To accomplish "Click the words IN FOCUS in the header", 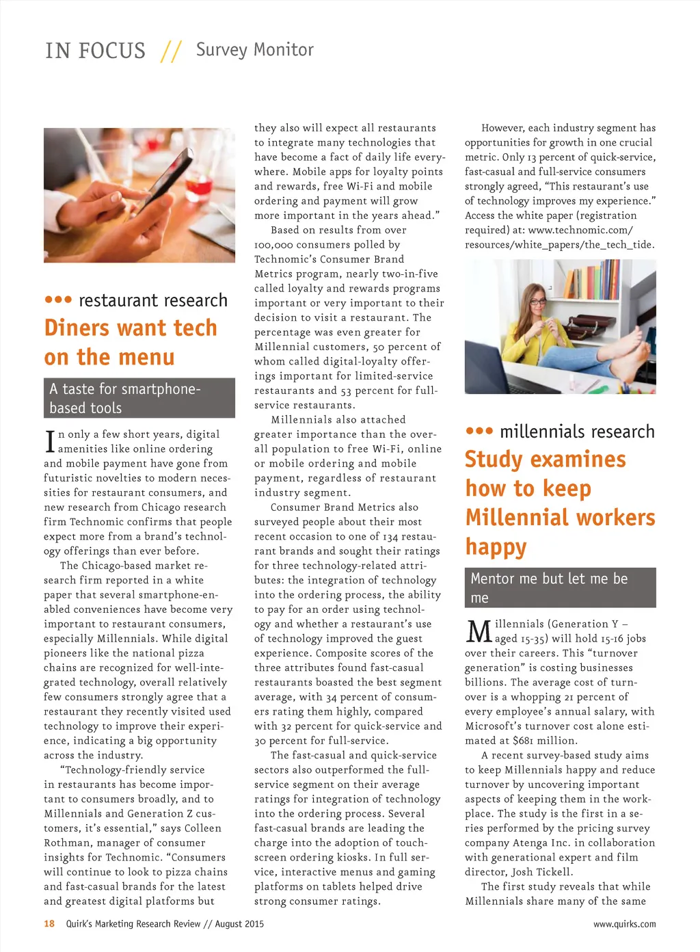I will point(95,51).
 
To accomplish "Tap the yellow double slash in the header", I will point(171,51).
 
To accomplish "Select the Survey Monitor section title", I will point(254,50).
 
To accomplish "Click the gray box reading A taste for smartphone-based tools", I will point(139,398).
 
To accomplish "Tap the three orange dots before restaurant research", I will point(58,300).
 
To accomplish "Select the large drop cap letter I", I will point(49,441).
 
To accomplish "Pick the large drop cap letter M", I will point(479,631).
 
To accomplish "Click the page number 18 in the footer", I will point(49,924).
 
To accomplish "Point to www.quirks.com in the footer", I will point(624,924).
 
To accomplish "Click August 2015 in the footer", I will point(239,924).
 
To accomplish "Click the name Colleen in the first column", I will point(202,828).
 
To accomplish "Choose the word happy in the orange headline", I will point(496,547).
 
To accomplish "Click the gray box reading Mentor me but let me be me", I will point(560,587).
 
